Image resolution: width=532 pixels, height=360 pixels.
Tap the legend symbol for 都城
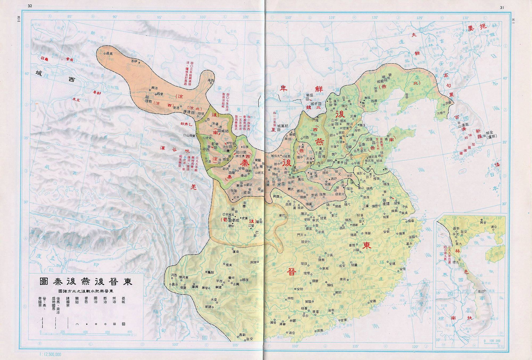coord(123,324)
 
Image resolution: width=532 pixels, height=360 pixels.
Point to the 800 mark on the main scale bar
coord(130,332)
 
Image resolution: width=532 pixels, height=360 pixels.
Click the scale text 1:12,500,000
coord(50,354)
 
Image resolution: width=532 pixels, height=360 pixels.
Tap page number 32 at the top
coord(30,7)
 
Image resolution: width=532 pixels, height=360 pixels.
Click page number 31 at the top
coord(502,7)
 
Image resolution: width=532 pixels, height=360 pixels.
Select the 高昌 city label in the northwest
coord(109,53)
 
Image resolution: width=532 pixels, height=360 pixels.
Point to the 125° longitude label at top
coord(419,18)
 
